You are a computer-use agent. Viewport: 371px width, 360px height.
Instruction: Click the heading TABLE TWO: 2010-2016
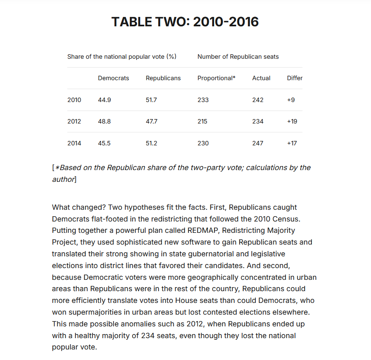coord(185,21)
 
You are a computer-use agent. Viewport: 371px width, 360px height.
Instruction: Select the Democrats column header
coord(114,78)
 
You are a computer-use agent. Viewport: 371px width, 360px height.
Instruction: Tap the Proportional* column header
coord(216,78)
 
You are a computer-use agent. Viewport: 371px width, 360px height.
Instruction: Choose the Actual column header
coord(261,78)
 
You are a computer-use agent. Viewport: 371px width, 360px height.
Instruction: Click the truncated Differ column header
coord(295,78)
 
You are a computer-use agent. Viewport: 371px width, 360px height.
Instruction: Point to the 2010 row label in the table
coord(74,100)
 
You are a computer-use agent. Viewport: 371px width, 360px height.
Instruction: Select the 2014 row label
coord(74,143)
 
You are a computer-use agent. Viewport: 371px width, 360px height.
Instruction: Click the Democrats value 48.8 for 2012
coord(104,121)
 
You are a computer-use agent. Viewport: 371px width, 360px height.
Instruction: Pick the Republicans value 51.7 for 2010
coord(151,100)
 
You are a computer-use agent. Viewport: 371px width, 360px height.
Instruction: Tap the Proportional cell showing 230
coord(203,143)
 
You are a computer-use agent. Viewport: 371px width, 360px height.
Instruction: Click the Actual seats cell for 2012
coord(258,121)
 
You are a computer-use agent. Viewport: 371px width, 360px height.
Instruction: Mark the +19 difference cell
coord(292,121)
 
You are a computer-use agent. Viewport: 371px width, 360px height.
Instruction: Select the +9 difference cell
coord(291,100)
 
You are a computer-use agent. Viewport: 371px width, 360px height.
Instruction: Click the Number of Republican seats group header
coord(238,57)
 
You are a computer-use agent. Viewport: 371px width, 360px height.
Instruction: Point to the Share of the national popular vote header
coord(122,57)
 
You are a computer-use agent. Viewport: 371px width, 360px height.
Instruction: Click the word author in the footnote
coord(63,179)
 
